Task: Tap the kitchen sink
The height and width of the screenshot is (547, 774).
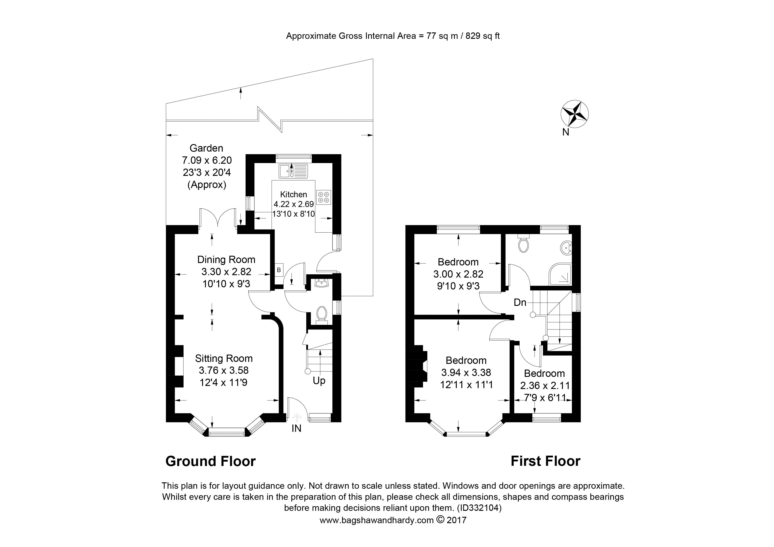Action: [293, 171]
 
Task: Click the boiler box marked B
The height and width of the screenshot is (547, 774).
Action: [279, 270]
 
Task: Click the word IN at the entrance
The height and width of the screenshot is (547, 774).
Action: [296, 428]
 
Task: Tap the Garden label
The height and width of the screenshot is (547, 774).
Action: [206, 148]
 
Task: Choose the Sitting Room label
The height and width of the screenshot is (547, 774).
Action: [224, 358]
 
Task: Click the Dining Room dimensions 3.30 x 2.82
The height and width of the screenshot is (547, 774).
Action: [226, 272]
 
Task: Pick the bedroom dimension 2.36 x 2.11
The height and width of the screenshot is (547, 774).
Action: [545, 385]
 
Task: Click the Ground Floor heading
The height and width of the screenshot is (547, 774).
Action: [211, 461]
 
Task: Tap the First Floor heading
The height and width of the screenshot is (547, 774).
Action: [545, 461]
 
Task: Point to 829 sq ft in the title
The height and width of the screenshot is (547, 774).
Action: [482, 36]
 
